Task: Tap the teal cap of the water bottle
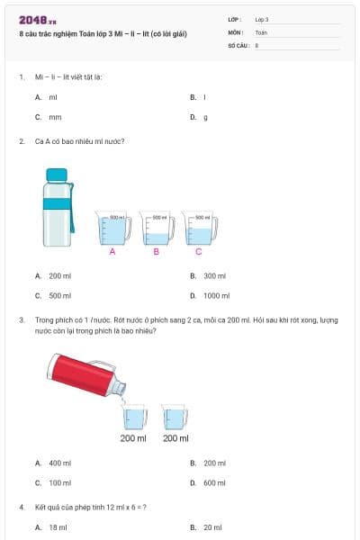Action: (x=57, y=174)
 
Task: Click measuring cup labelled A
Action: (x=112, y=229)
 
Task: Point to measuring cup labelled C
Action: (x=198, y=229)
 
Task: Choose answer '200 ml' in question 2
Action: (x=60, y=276)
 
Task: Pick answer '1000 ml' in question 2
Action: (x=216, y=295)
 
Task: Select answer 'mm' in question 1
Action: (x=55, y=117)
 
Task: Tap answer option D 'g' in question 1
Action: (x=205, y=117)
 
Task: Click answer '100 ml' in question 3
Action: (x=60, y=482)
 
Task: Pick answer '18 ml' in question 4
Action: (x=58, y=527)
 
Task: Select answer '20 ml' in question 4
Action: (x=212, y=527)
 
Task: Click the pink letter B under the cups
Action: (x=157, y=253)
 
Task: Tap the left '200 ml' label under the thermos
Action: (x=133, y=438)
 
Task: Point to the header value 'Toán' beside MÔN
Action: (x=261, y=31)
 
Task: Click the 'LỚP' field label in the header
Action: (x=235, y=19)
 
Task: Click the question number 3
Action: (x=21, y=319)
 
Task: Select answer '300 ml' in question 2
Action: (x=214, y=276)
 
